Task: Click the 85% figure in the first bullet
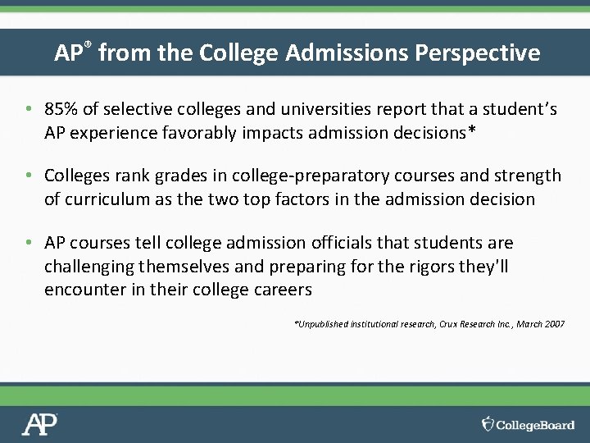pos(61,109)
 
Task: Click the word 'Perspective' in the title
pos(478,53)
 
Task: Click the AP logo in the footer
pos(40,423)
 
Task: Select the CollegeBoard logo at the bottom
pos(529,424)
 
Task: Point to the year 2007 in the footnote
pos(554,325)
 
